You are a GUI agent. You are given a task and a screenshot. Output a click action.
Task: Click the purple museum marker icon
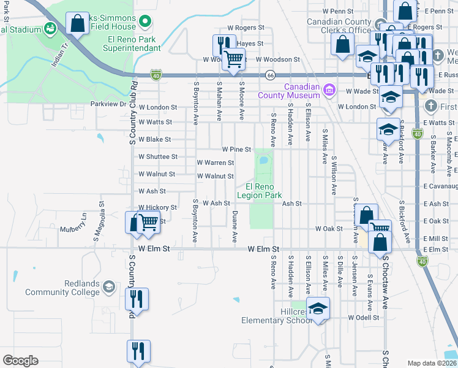click(x=329, y=91)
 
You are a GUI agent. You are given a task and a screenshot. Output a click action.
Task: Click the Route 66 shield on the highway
click(x=269, y=75)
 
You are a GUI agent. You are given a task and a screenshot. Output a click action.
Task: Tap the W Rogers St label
click(x=245, y=28)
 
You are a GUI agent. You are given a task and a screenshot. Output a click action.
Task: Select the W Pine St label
click(x=236, y=149)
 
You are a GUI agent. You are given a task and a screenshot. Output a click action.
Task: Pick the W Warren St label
click(x=215, y=163)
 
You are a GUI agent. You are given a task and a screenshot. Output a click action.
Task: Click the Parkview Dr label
click(x=107, y=104)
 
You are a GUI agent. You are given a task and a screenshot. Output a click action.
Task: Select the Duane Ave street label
click(x=235, y=226)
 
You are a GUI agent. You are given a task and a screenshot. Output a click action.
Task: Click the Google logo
click(x=20, y=361)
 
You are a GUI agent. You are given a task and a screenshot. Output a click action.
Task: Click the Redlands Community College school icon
click(x=108, y=286)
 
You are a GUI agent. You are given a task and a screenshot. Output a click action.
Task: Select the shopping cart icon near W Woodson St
click(x=233, y=59)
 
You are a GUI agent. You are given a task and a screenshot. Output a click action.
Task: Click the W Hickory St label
click(x=157, y=208)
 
